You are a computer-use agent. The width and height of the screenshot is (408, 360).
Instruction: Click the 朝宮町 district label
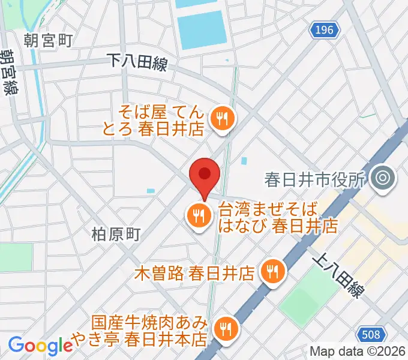point(48,40)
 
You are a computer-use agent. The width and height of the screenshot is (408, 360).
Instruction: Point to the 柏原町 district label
point(116,234)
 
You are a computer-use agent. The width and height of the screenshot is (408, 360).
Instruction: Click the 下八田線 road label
point(137,61)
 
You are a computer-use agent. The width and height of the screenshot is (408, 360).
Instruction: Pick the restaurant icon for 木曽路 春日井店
point(272,272)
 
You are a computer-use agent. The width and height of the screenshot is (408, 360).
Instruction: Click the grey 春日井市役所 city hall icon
point(381,178)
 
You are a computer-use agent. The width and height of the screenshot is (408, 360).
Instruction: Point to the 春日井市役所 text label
point(315,179)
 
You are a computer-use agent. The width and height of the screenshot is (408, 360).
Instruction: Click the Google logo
point(40,345)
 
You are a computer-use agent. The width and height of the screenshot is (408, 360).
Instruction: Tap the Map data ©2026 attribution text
point(358,352)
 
